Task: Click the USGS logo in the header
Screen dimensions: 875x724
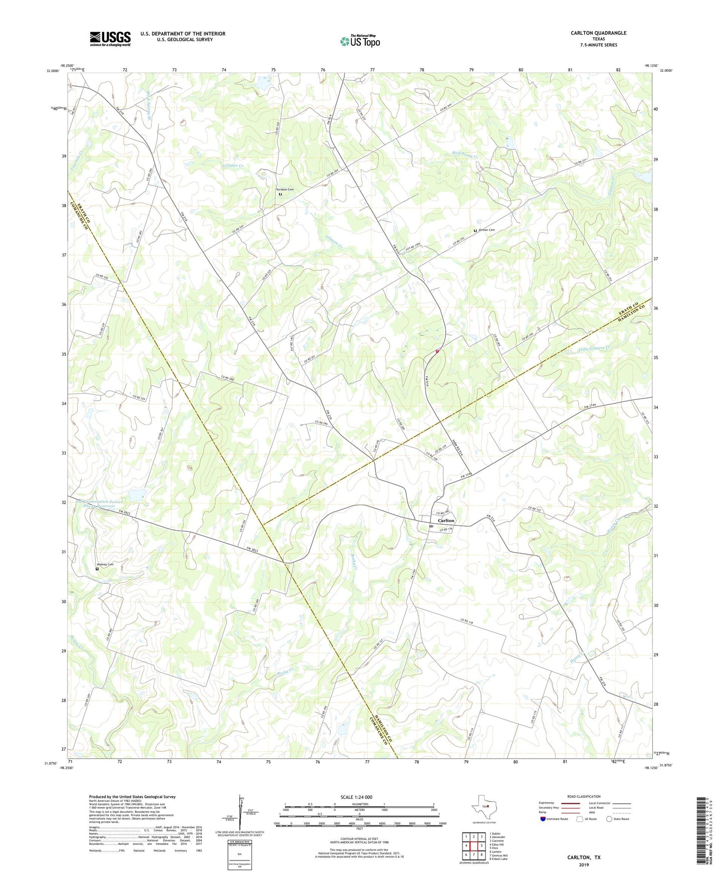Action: click(x=110, y=38)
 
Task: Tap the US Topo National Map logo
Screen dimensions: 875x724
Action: click(x=360, y=41)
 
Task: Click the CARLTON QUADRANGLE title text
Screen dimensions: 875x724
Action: click(x=598, y=33)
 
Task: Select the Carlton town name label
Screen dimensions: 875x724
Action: click(x=446, y=521)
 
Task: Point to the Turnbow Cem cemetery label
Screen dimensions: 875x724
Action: click(x=285, y=189)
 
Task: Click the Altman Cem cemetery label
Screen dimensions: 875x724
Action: click(x=486, y=230)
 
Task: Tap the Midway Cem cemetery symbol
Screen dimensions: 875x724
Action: click(x=97, y=569)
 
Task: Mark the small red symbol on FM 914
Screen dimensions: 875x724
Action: click(x=437, y=351)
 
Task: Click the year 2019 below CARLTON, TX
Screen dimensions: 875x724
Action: click(x=584, y=865)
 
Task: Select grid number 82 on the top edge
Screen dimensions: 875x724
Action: click(x=618, y=70)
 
